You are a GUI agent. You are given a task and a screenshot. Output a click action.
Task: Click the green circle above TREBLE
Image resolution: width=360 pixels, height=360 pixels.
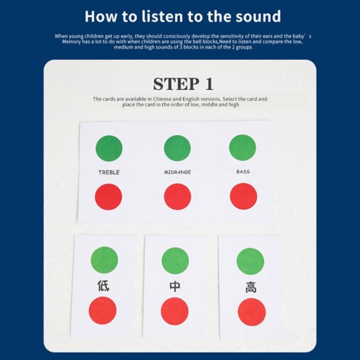[109, 148]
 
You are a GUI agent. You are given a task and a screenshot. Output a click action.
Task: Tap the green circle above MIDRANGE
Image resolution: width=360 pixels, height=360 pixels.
[177, 148]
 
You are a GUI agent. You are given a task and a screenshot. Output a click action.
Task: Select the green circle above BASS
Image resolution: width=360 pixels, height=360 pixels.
[242, 147]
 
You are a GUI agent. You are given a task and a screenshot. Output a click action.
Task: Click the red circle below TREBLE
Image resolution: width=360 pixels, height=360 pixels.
[108, 197]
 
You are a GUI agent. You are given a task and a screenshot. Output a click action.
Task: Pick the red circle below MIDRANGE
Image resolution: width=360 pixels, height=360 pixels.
[177, 197]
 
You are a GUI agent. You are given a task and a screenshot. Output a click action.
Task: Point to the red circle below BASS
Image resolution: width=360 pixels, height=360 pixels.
[243, 196]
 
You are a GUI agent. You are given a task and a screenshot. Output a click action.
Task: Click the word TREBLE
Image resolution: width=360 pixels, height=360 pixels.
[109, 172]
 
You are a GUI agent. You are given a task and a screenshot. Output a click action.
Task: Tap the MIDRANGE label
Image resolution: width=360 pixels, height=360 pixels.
[177, 172]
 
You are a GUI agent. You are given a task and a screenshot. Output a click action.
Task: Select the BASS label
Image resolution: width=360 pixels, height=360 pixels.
[243, 171]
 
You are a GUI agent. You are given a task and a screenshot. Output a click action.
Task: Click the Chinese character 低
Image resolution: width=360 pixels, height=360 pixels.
[104, 286]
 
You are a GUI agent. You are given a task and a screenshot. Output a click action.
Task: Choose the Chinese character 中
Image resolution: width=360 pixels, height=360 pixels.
[175, 287]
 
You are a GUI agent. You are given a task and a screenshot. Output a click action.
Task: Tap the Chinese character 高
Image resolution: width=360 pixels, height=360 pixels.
[251, 287]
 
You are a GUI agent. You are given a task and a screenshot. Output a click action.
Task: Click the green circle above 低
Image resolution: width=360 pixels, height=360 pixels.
[104, 260]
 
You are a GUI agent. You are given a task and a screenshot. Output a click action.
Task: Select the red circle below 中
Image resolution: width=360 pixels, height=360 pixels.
[175, 311]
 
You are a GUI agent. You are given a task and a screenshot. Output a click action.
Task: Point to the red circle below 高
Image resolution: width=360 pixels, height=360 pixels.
[252, 312]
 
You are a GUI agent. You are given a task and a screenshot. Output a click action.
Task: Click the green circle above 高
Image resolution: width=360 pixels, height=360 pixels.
[250, 261]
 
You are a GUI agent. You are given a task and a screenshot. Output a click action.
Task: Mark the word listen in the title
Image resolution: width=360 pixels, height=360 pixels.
[162, 16]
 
